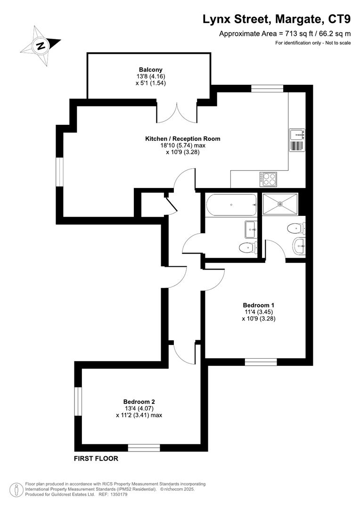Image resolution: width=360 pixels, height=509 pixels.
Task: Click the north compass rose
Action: pos(41,46)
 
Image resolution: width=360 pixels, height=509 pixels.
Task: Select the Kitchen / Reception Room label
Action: pos(182,139)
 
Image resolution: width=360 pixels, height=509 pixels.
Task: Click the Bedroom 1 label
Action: pos(258,304)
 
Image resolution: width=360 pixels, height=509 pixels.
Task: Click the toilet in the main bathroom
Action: pos(246,247)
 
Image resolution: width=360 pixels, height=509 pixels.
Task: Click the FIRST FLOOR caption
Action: pos(96,458)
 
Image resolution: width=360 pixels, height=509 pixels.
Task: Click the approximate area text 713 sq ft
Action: pos(297,33)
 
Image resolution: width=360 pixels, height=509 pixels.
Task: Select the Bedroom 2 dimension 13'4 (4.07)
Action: pos(139,409)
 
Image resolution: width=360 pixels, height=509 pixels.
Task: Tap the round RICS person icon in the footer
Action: pos(17,489)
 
